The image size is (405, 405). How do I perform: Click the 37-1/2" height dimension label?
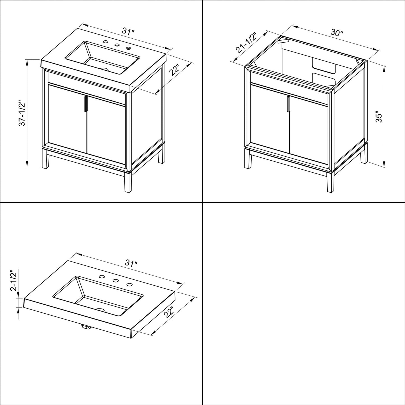[x=22, y=113]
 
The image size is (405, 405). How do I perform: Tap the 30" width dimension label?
[x=337, y=33]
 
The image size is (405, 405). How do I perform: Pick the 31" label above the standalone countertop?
[x=131, y=263]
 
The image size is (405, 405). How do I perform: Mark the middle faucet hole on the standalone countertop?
[x=115, y=281]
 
